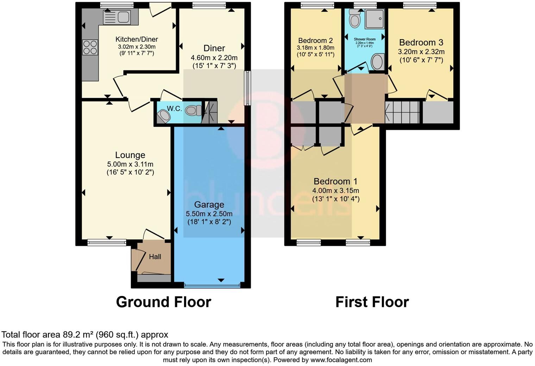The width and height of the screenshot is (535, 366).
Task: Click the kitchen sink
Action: [x=117, y=17]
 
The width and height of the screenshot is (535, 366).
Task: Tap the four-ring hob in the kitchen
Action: [x=90, y=48]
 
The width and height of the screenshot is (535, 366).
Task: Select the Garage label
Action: [x=209, y=204]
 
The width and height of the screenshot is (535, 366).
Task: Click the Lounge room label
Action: [x=130, y=155]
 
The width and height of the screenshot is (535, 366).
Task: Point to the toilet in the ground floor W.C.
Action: [x=192, y=111]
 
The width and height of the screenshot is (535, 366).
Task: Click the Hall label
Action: [x=155, y=257]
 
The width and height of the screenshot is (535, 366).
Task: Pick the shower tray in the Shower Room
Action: [x=375, y=19]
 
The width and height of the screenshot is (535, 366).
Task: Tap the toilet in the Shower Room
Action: [x=354, y=19]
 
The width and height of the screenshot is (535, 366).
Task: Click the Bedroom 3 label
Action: [x=421, y=43]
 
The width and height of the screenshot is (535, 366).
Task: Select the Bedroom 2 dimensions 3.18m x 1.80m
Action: [x=315, y=48]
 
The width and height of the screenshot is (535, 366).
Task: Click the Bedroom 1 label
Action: [x=335, y=182]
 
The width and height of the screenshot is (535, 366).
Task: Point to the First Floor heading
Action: [x=372, y=302]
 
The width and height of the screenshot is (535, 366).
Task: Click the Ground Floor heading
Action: [x=163, y=302]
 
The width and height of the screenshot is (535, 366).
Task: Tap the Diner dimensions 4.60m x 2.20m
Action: [x=214, y=58]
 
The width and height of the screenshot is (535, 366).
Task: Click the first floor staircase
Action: [x=403, y=112]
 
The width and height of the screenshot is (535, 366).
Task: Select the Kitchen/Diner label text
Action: [x=137, y=39]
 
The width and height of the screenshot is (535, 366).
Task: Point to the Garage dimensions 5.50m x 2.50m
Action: [x=209, y=214]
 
